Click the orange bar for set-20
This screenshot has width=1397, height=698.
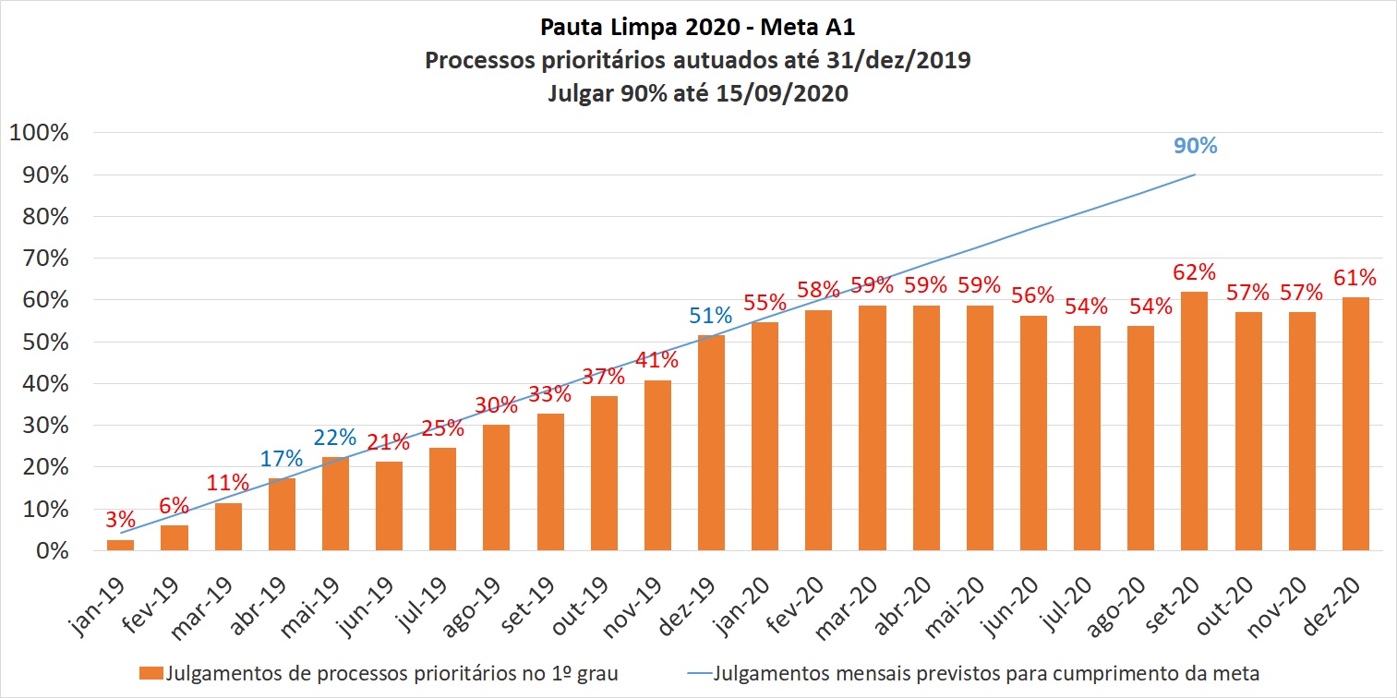click(x=1194, y=422)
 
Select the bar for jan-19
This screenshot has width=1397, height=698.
click(x=120, y=545)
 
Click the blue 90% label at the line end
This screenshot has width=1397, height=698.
click(x=1196, y=146)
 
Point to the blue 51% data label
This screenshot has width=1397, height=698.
click(x=711, y=315)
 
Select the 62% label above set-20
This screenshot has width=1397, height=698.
click(x=1194, y=272)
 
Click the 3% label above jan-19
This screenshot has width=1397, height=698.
click(x=120, y=520)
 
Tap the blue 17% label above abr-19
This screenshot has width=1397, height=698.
click(x=282, y=458)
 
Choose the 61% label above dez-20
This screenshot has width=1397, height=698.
click(x=1355, y=277)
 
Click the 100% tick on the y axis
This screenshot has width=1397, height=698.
click(x=39, y=133)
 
